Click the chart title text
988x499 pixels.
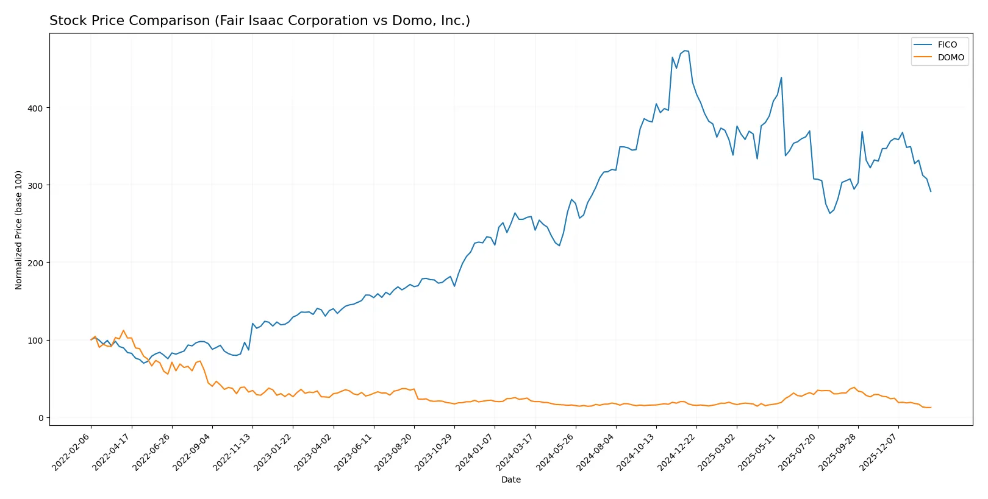tap(260, 21)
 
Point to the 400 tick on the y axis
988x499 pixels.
tap(35, 108)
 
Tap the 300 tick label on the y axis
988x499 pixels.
tap(35, 186)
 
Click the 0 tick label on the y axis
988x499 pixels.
tap(41, 418)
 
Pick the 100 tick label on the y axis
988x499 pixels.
tap(35, 341)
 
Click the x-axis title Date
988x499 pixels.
tap(510, 480)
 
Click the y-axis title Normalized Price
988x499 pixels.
tap(19, 230)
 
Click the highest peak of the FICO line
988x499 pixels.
tap(685, 51)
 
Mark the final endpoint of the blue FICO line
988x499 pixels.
tap(931, 191)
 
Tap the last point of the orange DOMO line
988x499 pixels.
tap(931, 408)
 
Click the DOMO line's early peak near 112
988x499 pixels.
tap(123, 331)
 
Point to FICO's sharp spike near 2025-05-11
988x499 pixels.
tap(781, 77)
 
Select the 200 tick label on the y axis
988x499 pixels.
tap(35, 263)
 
